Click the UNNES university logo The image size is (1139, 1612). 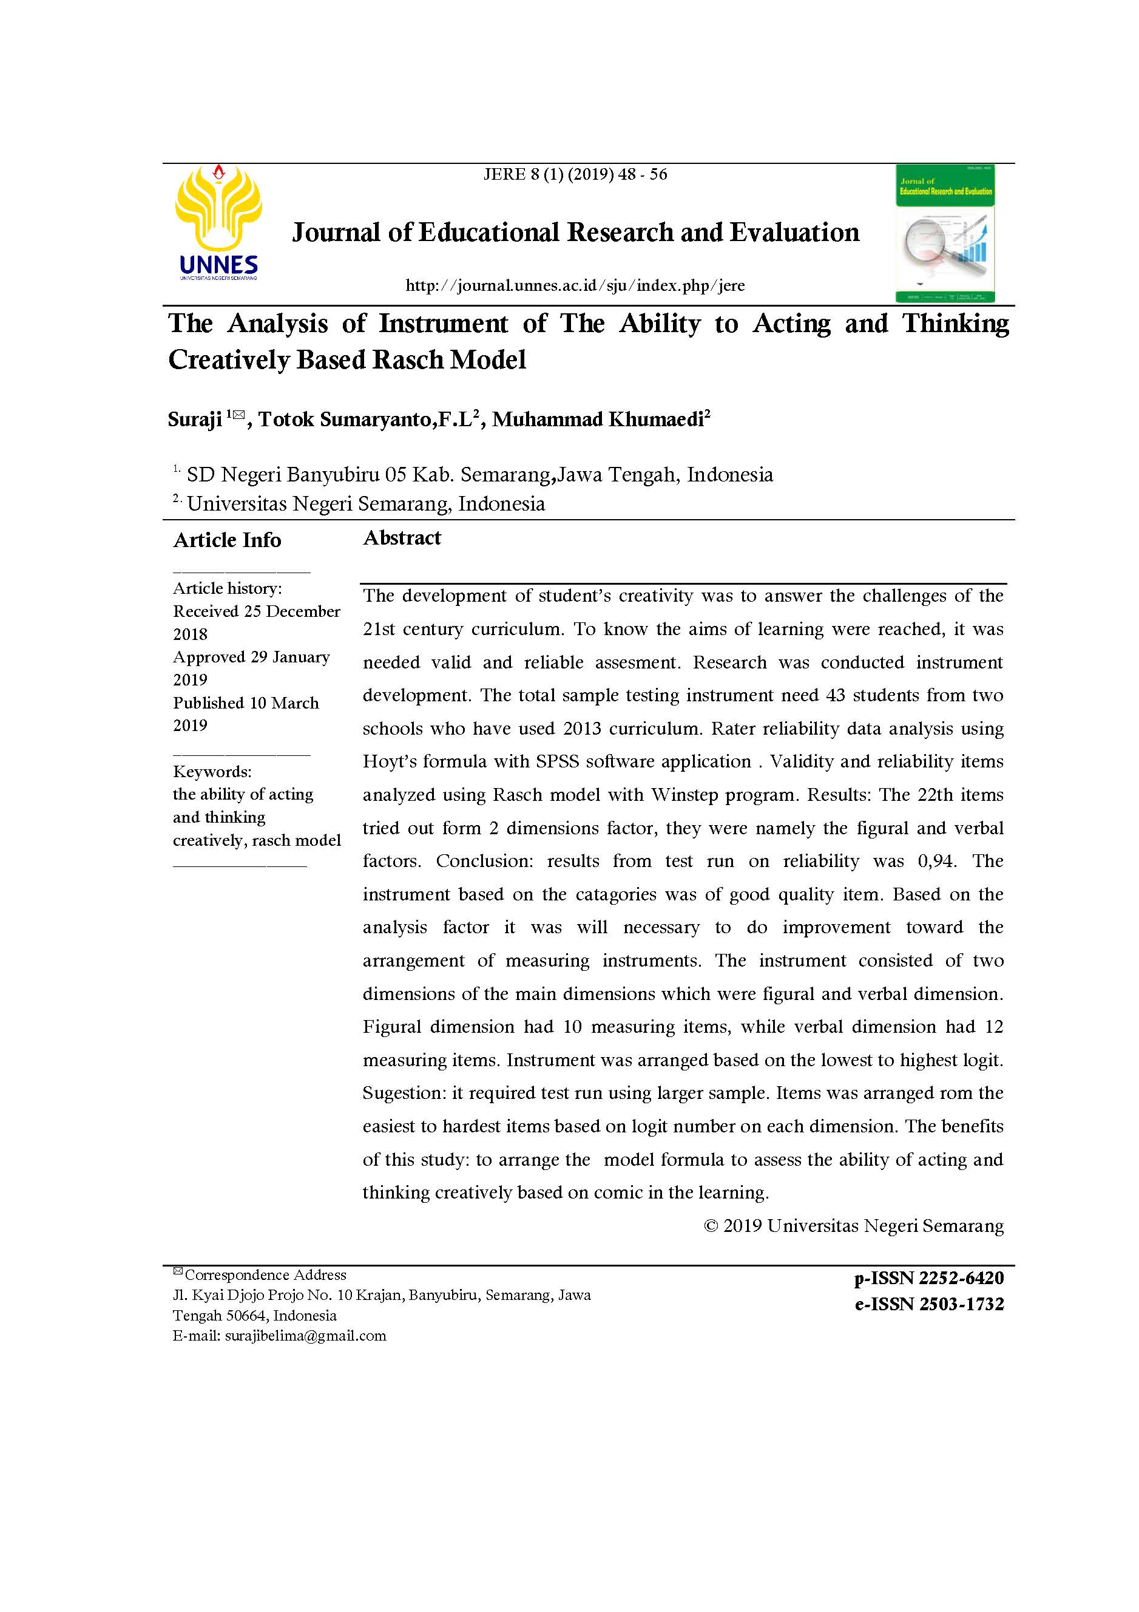[218, 223]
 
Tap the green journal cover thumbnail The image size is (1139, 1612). [945, 234]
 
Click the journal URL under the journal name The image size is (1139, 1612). [575, 286]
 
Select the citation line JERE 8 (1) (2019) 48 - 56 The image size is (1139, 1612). [575, 175]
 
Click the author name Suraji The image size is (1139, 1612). [195, 420]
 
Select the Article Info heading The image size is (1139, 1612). [228, 540]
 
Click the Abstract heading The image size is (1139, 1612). [402, 538]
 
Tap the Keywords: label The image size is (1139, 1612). [212, 772]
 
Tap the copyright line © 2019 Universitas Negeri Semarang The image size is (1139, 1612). [853, 1226]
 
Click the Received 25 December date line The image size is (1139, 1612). [256, 611]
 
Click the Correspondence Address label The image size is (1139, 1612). [265, 1275]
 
